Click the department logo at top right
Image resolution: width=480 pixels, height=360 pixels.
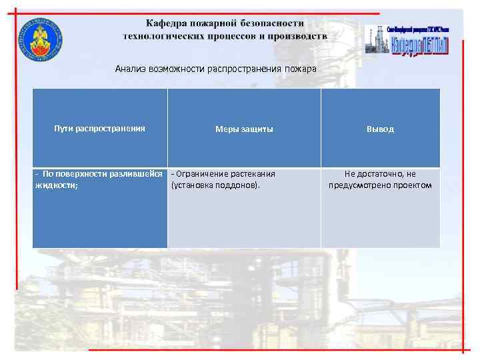click(407, 39)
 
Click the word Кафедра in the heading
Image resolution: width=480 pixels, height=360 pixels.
click(171, 23)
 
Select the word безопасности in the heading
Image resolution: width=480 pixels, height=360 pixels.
click(277, 23)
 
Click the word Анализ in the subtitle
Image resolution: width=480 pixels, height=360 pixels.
click(129, 69)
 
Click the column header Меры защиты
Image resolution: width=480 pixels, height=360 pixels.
click(243, 129)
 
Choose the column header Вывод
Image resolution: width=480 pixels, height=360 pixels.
click(380, 129)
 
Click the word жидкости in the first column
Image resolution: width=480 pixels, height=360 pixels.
click(56, 185)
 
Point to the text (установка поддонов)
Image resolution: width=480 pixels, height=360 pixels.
click(215, 185)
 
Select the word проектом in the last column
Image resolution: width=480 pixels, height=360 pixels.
click(414, 185)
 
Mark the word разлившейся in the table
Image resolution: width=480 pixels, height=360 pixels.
click(138, 174)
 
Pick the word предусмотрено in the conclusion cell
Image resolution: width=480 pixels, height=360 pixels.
click(361, 185)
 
